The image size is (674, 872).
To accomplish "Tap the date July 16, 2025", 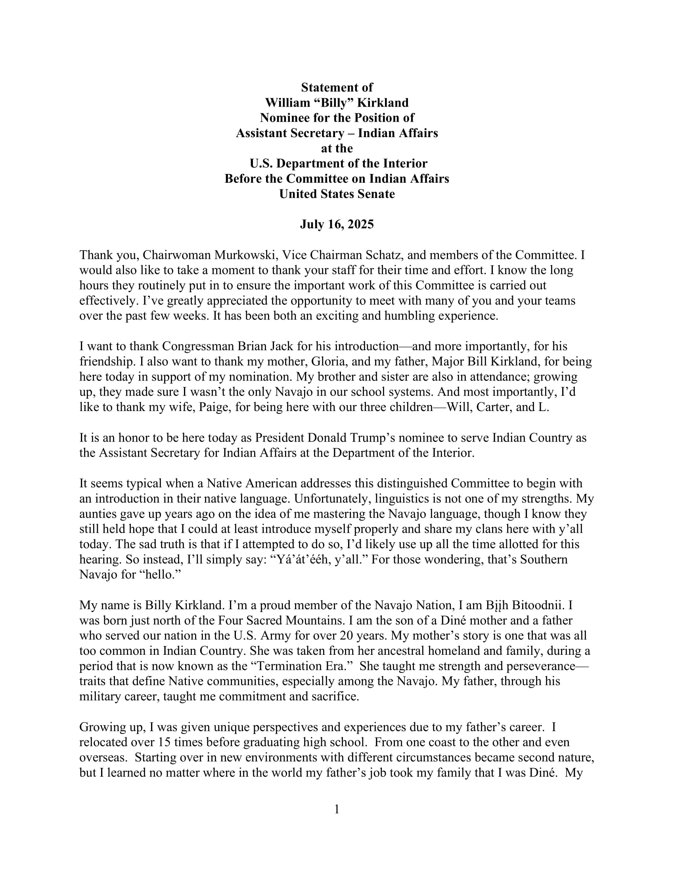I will pos(337,224).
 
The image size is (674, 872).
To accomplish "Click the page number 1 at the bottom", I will pos(337,809).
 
